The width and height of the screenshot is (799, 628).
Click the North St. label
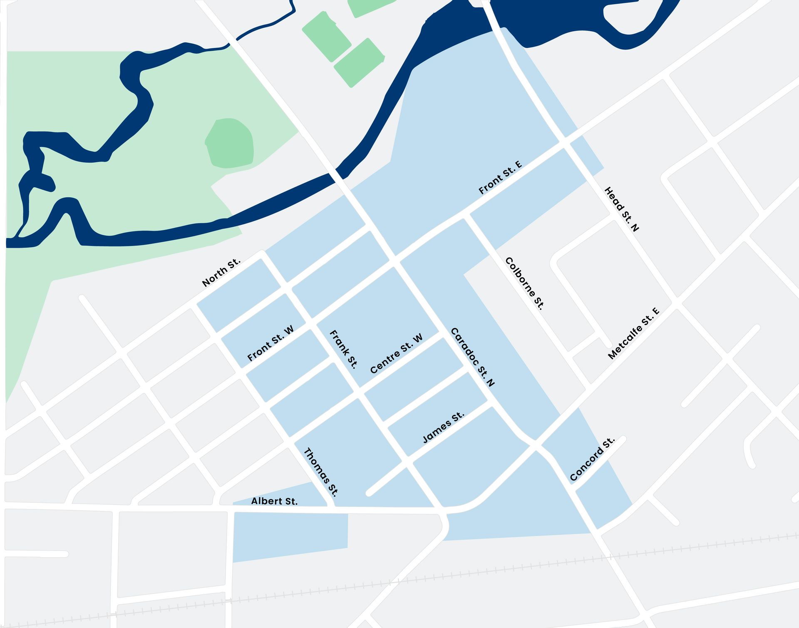(x=221, y=273)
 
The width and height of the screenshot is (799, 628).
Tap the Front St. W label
(x=270, y=343)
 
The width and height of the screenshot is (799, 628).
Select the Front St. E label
(x=500, y=178)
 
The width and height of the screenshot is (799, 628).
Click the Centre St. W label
(x=396, y=353)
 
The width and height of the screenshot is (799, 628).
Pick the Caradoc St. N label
(x=473, y=357)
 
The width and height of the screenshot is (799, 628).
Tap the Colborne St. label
(x=524, y=283)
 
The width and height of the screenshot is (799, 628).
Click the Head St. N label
(x=621, y=209)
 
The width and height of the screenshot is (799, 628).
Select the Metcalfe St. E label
(x=633, y=333)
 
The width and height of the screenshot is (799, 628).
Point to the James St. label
(x=443, y=427)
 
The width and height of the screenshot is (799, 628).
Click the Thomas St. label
(x=321, y=472)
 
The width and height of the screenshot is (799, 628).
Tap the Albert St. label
(x=274, y=501)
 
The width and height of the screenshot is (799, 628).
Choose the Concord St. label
(x=592, y=459)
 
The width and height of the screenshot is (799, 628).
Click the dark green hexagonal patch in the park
(x=230, y=143)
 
